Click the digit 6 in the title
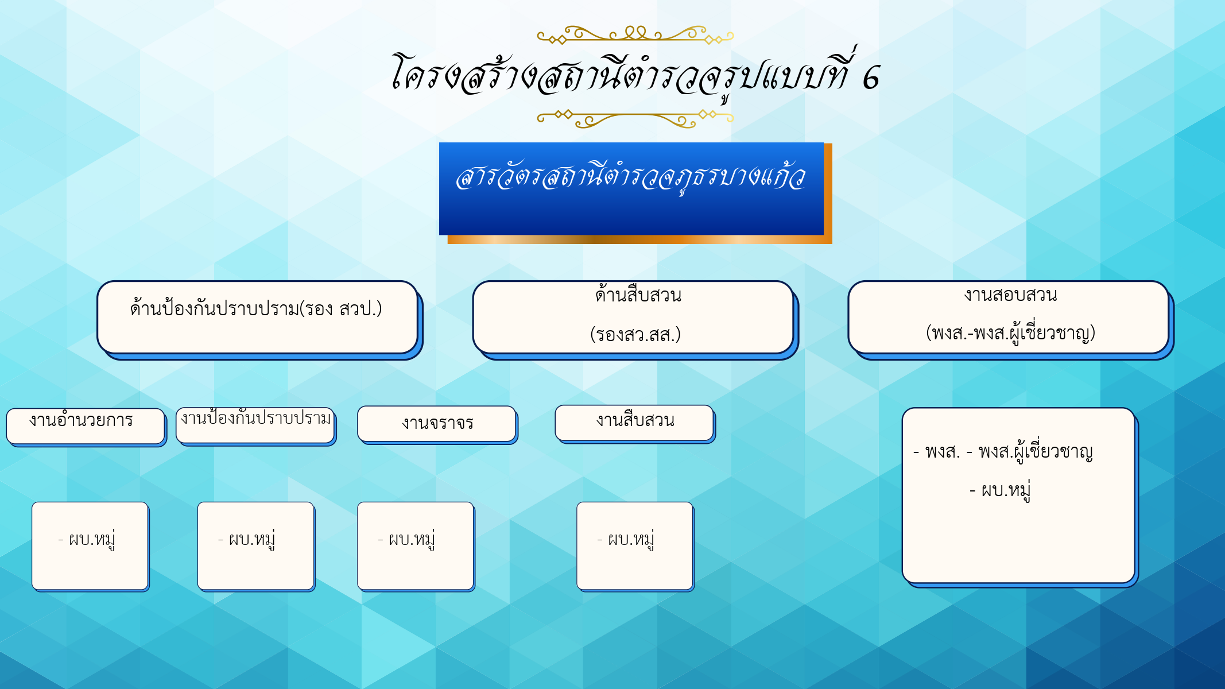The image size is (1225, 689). point(871,78)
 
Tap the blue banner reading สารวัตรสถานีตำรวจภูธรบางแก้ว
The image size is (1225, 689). point(631,188)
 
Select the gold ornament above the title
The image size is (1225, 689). point(635,34)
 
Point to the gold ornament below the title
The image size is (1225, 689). point(635,118)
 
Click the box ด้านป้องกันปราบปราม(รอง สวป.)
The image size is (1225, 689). point(257,317)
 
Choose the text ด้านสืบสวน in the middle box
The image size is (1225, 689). point(638,295)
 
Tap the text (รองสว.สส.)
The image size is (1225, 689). point(635,334)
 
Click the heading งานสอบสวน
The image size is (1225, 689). point(1010,295)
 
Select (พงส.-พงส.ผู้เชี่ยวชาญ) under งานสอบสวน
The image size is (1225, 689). point(1010,333)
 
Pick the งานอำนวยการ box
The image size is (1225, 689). point(86,426)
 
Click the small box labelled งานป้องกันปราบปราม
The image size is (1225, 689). point(255,425)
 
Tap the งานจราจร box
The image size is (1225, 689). point(437,424)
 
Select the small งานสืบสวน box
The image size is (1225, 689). point(634,423)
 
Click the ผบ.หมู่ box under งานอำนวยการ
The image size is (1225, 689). point(90,545)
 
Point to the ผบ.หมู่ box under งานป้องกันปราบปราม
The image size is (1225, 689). point(256,545)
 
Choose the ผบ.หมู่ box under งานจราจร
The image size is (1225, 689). point(416,545)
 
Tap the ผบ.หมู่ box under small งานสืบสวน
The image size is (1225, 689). point(635,545)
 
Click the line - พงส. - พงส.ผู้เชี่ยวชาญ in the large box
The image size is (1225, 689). point(1003,452)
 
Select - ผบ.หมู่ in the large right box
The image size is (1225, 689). point(1000,490)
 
